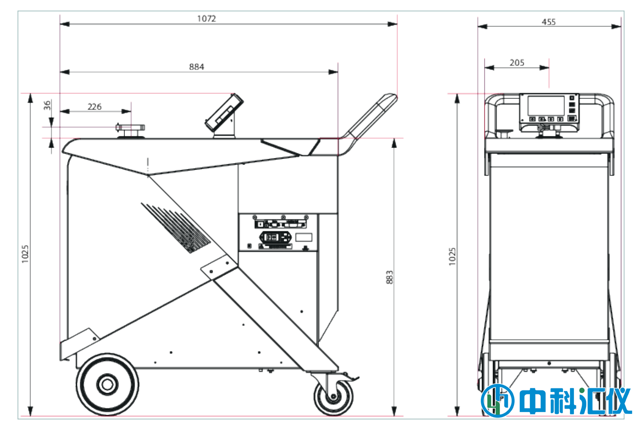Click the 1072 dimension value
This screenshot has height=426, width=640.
coord(207,19)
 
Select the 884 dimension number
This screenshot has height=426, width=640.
coord(197,67)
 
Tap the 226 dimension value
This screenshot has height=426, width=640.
coord(95,107)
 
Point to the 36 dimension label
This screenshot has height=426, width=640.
coord(47,105)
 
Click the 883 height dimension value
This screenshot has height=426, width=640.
coord(389,277)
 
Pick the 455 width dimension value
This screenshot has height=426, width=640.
coord(548,22)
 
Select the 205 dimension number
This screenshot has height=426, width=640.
coord(517,63)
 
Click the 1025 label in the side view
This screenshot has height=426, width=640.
coord(25,254)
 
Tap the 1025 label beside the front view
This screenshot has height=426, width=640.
coord(452,256)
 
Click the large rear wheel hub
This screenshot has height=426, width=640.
coord(108,384)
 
